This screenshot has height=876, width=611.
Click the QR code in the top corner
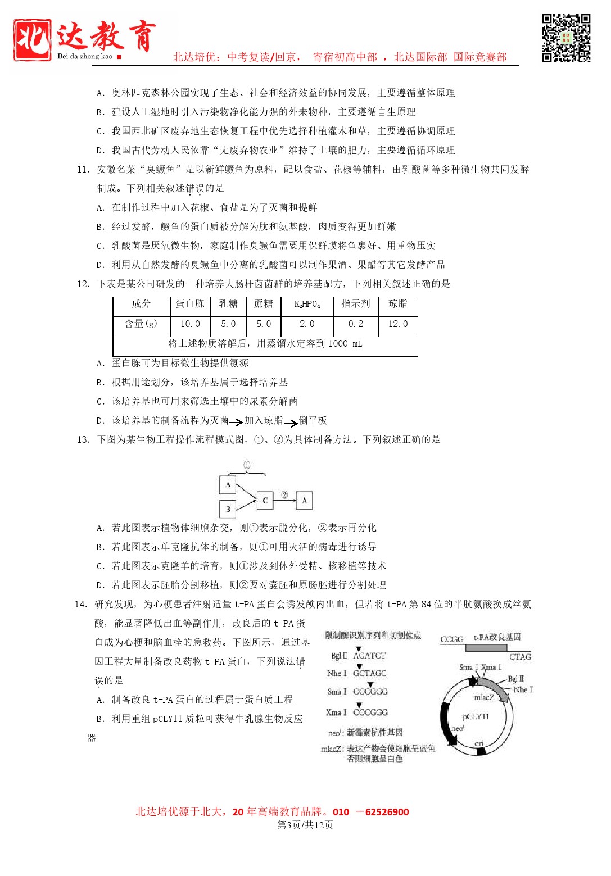[x=566, y=38]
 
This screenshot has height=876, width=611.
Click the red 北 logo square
[x=33, y=39]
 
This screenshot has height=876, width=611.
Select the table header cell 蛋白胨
[x=190, y=304]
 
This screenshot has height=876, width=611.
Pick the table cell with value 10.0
[x=190, y=324]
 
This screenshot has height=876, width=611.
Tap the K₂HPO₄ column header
[x=307, y=305]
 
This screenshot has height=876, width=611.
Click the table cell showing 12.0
[x=398, y=324]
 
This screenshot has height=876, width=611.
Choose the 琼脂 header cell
[x=398, y=304]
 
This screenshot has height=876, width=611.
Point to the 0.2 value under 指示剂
[x=355, y=324]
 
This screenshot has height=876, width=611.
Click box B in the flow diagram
[x=228, y=509]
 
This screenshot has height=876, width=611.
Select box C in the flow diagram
[x=265, y=500]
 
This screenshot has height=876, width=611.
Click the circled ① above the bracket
[x=246, y=465]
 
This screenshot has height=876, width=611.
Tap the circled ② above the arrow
[x=284, y=495]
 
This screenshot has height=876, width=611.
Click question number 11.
[x=83, y=170]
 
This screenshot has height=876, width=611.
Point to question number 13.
[x=83, y=439]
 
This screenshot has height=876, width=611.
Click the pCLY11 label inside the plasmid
[x=476, y=717]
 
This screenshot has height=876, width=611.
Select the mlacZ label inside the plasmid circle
[x=484, y=697]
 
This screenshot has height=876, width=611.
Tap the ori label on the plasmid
[x=479, y=743]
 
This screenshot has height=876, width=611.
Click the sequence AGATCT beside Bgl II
[x=369, y=656]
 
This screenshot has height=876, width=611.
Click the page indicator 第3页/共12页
[x=305, y=825]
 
